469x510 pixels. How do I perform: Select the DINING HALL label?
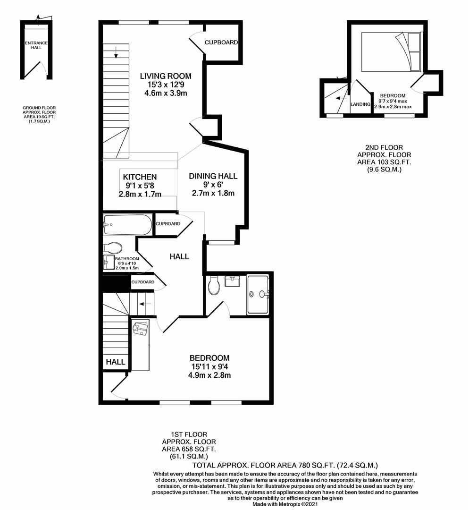point(213,176)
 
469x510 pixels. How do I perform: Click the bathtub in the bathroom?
point(127,225)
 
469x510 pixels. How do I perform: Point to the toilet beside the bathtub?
point(113,247)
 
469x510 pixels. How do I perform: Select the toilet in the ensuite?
point(214,285)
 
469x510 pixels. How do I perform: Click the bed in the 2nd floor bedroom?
point(391,51)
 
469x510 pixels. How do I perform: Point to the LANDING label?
point(360,104)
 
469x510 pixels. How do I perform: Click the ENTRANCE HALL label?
point(36,45)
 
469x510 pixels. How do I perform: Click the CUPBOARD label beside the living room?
point(221,42)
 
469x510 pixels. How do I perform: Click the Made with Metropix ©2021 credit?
point(285,504)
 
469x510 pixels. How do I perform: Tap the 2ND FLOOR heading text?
point(384,148)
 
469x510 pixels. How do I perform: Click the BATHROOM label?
point(127,259)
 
